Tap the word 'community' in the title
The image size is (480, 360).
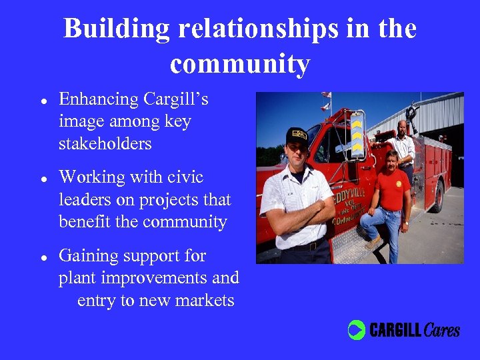(x=240, y=64)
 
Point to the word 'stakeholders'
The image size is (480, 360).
(x=105, y=144)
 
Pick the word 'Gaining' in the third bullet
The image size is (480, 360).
(x=89, y=256)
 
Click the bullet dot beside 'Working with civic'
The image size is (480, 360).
(x=43, y=179)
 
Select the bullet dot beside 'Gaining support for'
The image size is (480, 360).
(x=43, y=257)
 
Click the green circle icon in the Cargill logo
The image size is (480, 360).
(x=357, y=330)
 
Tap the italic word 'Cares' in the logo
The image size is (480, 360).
(x=442, y=329)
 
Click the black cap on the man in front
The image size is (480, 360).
(x=297, y=135)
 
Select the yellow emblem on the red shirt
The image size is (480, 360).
(x=399, y=184)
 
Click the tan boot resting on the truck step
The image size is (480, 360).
(x=374, y=241)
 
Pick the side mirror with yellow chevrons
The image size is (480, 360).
(x=357, y=133)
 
